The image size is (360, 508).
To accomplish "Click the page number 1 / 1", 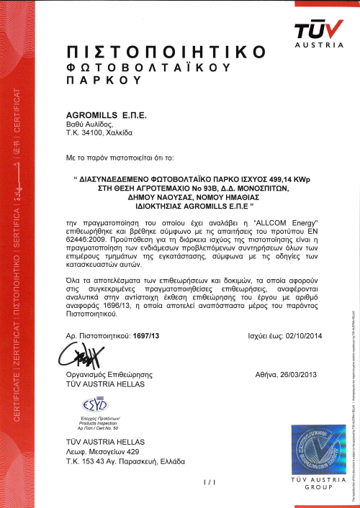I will coord(190,481).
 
